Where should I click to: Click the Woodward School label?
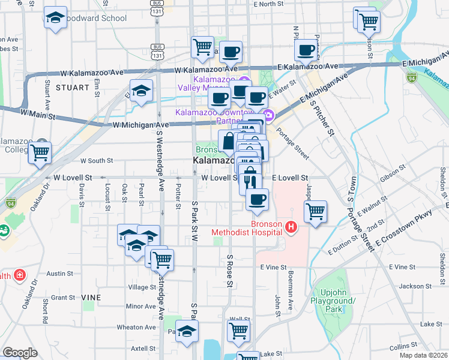[97, 18]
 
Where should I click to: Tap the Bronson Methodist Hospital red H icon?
[292, 227]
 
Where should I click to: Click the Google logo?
[20, 353]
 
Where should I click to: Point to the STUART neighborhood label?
[67, 87]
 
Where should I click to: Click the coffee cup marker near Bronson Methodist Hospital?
[258, 199]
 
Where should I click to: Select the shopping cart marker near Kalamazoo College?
[40, 152]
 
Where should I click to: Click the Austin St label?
[59, 273]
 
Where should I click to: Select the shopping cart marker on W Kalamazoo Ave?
[203, 46]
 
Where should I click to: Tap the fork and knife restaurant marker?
[250, 181]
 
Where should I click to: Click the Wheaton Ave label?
[136, 327]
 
